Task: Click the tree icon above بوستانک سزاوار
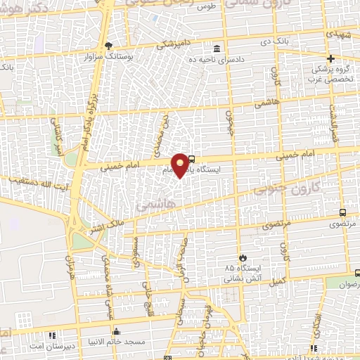pos(108,46)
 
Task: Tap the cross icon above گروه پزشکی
pos(330,58)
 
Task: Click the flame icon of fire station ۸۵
pos(243,257)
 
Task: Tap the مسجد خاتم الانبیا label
pos(116,342)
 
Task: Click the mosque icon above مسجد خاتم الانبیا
pos(116,331)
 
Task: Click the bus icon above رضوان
pos(357,273)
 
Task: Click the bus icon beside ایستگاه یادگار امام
pos(193,159)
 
